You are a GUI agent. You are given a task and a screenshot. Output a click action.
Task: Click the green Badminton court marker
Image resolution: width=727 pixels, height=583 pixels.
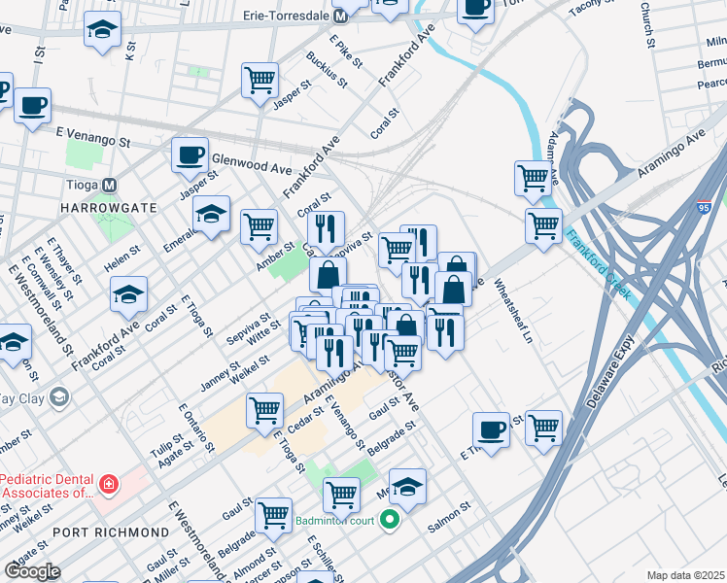390,521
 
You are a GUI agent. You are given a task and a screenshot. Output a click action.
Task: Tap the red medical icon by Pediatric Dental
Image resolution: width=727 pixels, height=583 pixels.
109,483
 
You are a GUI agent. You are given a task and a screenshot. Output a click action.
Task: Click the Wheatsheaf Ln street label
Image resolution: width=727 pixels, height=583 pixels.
514,312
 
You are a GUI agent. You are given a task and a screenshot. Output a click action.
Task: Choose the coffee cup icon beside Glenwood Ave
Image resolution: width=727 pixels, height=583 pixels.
190,155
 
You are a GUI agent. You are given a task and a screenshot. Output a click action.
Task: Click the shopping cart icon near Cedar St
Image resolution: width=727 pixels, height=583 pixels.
264,410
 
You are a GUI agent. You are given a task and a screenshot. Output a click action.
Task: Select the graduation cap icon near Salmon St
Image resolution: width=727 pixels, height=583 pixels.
408,486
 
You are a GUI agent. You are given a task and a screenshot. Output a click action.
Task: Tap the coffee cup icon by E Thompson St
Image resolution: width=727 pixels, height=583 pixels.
491,429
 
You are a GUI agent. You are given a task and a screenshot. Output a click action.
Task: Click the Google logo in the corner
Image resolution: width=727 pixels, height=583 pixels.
32,571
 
